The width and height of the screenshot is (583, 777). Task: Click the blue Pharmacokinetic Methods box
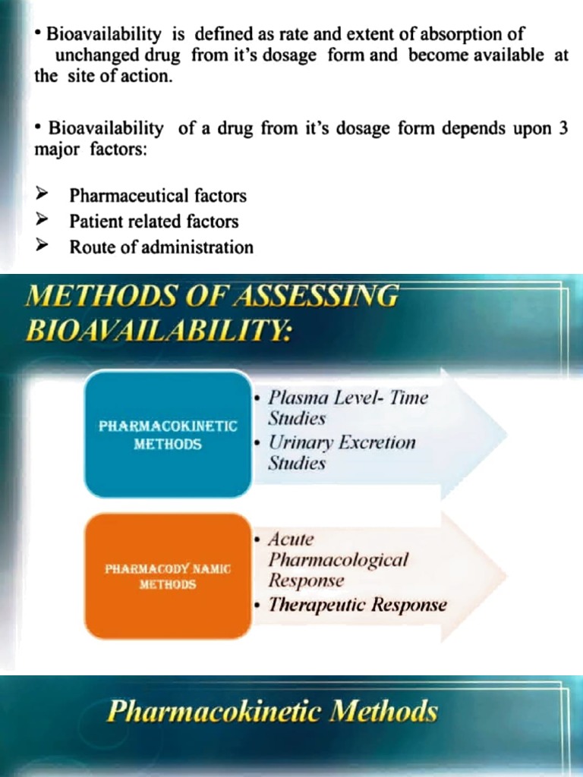[167, 433]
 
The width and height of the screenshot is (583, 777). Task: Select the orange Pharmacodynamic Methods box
[167, 576]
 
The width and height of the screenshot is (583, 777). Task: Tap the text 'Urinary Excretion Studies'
[342, 452]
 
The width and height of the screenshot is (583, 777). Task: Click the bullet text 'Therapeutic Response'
[358, 605]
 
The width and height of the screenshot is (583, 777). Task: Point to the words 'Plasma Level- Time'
[348, 398]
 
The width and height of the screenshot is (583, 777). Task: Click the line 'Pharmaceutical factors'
[158, 196]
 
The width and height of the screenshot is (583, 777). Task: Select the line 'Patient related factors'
[154, 222]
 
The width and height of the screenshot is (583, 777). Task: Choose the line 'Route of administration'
[162, 247]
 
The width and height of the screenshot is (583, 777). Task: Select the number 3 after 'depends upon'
[563, 128]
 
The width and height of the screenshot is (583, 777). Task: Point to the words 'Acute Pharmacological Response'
[338, 560]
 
